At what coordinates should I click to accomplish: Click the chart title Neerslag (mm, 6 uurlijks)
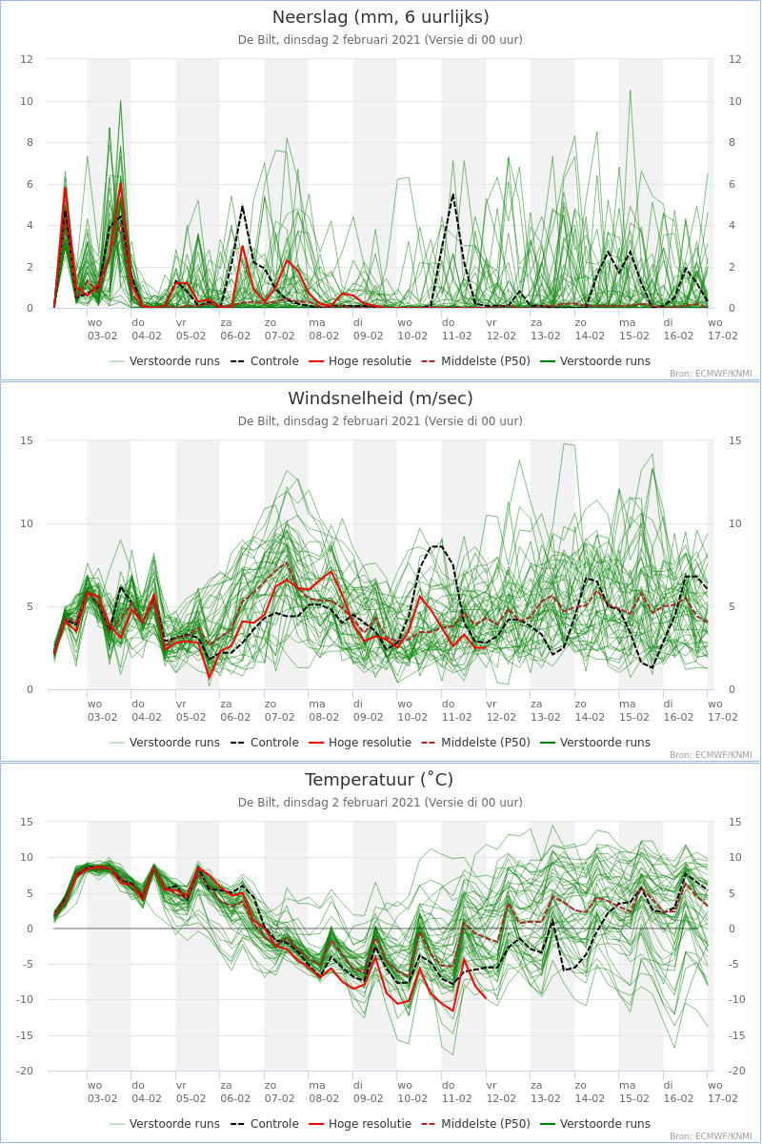pyautogui.click(x=380, y=17)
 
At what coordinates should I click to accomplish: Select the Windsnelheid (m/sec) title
pyautogui.click(x=380, y=398)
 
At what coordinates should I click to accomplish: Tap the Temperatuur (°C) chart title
pyautogui.click(x=379, y=780)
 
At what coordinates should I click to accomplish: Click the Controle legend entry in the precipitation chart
pyautogui.click(x=265, y=361)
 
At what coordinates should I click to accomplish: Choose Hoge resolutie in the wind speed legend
pyautogui.click(x=360, y=743)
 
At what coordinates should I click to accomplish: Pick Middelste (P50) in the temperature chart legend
pyautogui.click(x=475, y=1124)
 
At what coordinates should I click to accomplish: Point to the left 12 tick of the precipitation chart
pyautogui.click(x=27, y=59)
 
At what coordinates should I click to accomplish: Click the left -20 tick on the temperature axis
pyautogui.click(x=25, y=1071)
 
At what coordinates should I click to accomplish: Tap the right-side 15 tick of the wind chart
pyautogui.click(x=734, y=440)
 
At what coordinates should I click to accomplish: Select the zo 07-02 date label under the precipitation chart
pyautogui.click(x=279, y=330)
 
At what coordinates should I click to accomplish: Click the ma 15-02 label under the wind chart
pyautogui.click(x=634, y=710)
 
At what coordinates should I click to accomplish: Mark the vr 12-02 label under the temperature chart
pyautogui.click(x=501, y=1092)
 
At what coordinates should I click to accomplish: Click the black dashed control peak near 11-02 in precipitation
pyautogui.click(x=453, y=194)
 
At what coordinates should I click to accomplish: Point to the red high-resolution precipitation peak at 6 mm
pyautogui.click(x=120, y=184)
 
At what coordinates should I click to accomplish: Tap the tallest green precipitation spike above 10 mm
pyautogui.click(x=631, y=91)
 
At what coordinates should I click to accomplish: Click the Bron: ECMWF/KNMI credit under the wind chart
pyautogui.click(x=711, y=755)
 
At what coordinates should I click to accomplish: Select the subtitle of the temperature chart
pyautogui.click(x=380, y=803)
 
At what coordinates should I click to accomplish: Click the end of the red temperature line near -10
pyautogui.click(x=486, y=998)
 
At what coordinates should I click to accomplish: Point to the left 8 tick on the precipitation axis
pyautogui.click(x=30, y=142)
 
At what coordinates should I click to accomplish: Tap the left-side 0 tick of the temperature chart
pyautogui.click(x=30, y=929)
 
